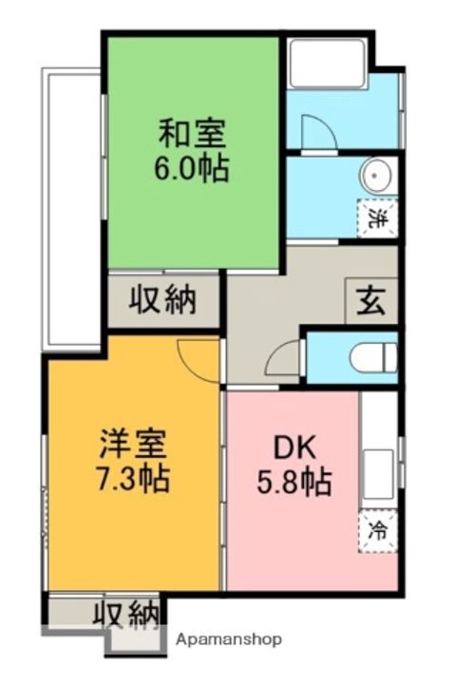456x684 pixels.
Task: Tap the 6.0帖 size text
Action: point(192,168)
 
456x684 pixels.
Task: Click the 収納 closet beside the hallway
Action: point(162,300)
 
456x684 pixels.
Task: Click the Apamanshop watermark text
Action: point(228,640)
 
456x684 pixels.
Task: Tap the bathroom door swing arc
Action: point(317,132)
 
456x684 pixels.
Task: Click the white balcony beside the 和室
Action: point(71,209)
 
